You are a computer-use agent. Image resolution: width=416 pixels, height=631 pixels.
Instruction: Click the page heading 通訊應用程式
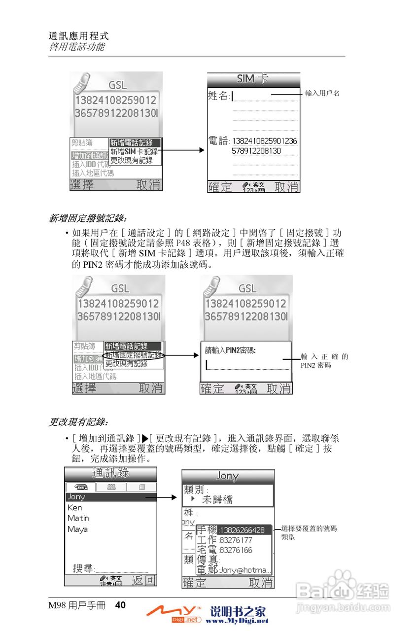78,36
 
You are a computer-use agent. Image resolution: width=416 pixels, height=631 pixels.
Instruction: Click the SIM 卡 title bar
253,79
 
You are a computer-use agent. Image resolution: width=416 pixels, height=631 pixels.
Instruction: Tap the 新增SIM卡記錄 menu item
134,152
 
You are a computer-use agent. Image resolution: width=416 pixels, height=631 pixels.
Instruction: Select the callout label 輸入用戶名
322,93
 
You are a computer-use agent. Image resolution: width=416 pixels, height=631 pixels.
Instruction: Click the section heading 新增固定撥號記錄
87,217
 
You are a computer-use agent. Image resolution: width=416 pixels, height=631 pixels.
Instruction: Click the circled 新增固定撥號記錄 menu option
133,355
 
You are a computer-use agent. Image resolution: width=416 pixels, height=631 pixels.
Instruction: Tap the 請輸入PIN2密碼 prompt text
233,351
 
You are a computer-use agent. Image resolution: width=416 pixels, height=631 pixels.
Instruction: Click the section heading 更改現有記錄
78,422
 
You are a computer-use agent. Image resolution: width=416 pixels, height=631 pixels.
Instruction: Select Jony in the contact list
76,497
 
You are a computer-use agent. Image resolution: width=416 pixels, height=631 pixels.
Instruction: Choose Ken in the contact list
75,508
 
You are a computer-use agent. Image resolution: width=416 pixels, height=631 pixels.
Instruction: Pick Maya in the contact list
77,529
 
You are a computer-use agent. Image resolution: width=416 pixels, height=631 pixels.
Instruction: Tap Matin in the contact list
78,519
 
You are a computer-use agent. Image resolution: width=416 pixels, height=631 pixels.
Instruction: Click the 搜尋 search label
83,568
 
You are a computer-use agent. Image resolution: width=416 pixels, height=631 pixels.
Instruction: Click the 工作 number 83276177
236,540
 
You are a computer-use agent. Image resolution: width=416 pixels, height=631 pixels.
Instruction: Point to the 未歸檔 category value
217,499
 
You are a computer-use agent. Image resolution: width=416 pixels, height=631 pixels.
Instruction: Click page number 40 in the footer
121,605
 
